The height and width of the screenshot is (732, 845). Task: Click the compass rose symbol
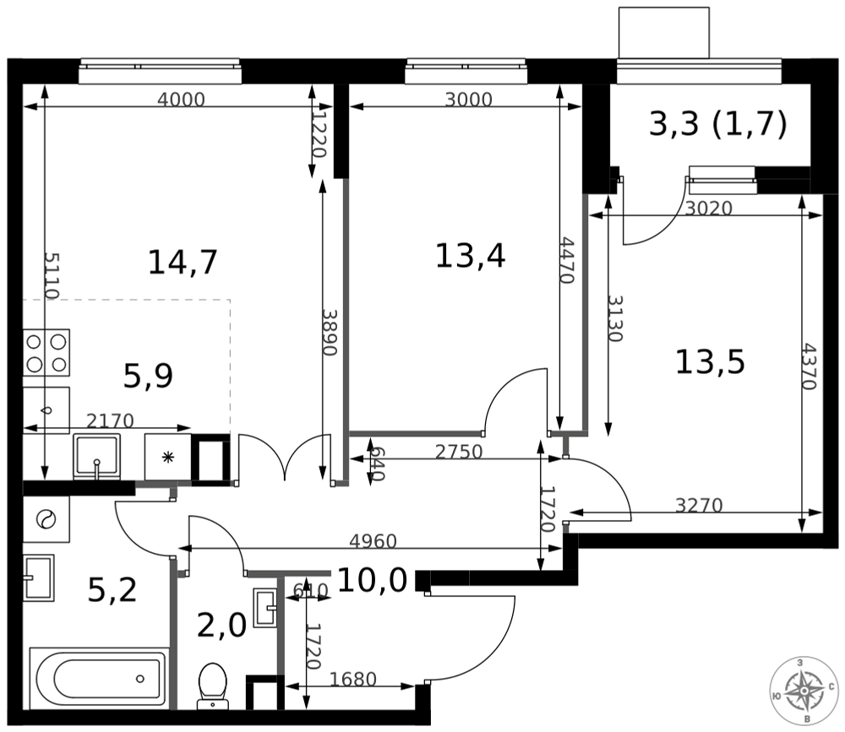[x=804, y=691]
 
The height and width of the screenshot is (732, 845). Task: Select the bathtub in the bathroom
[x=99, y=678]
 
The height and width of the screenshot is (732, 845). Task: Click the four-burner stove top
[x=46, y=353]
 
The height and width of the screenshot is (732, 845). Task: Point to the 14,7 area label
[x=183, y=263]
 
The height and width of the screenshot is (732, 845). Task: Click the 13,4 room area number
[x=470, y=256]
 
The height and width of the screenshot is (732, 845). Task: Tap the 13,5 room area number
[x=710, y=361]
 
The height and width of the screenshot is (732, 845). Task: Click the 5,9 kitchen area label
[x=148, y=376]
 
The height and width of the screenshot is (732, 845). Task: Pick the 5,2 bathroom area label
[x=112, y=590]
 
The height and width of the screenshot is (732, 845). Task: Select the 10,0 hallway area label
[x=372, y=581]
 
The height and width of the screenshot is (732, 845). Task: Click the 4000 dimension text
[x=181, y=100]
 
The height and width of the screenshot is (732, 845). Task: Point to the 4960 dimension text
[x=373, y=541]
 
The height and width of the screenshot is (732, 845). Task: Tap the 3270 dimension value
[x=699, y=505]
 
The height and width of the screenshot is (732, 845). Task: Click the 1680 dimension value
[x=353, y=679]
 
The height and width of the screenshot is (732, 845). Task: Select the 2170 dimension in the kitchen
[x=110, y=420]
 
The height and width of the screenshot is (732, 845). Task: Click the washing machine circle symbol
[x=46, y=520]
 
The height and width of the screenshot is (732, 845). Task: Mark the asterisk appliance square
[x=168, y=458]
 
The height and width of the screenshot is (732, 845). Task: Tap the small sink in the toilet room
[x=265, y=608]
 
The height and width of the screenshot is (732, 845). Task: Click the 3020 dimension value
[x=709, y=208]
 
